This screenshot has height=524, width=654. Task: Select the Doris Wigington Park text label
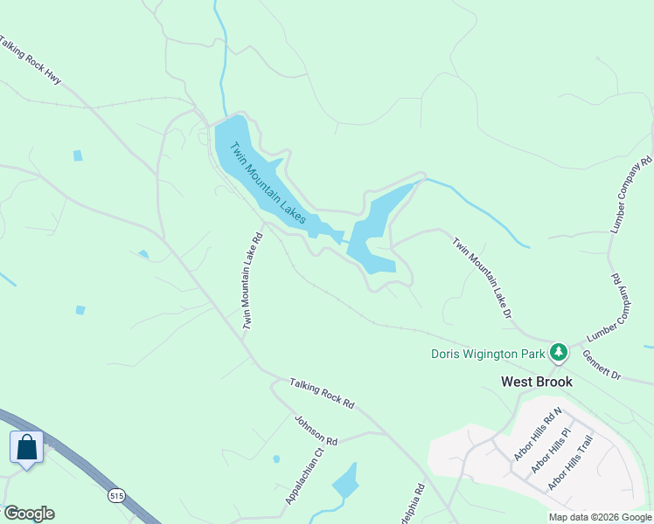(x=488, y=354)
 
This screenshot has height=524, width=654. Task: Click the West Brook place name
(x=536, y=382)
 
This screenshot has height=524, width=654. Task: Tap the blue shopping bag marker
(x=27, y=447)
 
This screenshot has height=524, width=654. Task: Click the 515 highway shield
(x=116, y=496)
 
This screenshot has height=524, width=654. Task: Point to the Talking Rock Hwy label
(x=30, y=60)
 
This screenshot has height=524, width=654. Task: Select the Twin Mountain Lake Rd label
(x=252, y=280)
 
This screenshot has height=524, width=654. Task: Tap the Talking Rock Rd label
(x=322, y=393)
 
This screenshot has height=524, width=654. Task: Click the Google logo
(x=29, y=514)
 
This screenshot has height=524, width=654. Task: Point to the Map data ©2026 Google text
(x=599, y=517)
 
